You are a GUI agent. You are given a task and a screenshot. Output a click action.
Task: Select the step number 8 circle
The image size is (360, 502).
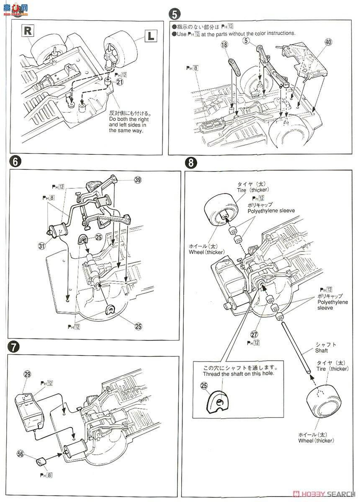pos(191,162)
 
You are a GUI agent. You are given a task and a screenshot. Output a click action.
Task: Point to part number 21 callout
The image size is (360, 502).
pos(120,82)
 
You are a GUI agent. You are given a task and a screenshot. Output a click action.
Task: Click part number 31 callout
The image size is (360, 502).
pos(42,246)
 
